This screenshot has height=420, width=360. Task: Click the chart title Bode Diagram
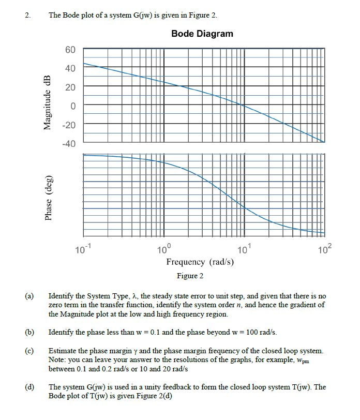[x=202, y=34]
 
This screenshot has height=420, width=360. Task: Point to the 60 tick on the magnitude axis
[x=70, y=50]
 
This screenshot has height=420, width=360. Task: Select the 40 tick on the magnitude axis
[x=70, y=68]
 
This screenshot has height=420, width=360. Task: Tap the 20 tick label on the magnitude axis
[x=70, y=87]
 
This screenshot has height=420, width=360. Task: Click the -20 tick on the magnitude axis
[x=68, y=125]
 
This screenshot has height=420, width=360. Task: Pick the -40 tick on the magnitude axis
[x=68, y=143]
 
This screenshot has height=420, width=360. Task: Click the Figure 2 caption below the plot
[x=190, y=276]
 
